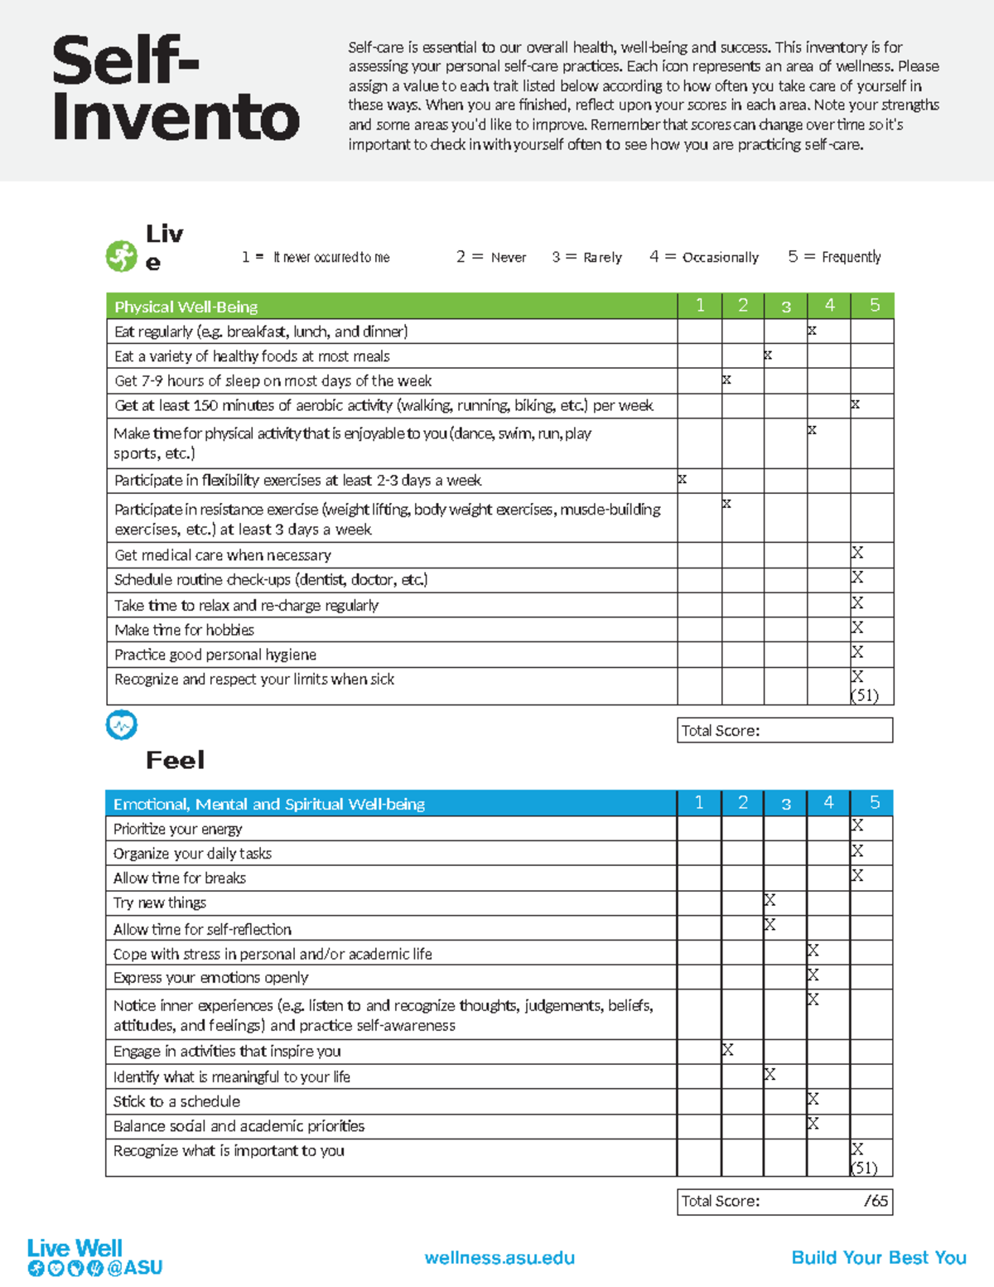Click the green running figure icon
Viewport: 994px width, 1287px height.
pos(121,256)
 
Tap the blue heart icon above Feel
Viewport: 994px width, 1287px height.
pos(121,725)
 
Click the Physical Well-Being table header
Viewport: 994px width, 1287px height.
pos(186,307)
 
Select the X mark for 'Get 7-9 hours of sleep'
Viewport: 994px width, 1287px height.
pos(726,380)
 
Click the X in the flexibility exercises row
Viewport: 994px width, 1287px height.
pos(683,479)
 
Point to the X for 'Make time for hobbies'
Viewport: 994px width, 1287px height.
pos(857,627)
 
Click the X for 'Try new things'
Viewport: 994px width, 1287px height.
pos(770,900)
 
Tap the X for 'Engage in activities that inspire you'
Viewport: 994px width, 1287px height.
pos(727,1050)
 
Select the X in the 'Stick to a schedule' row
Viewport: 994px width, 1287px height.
pos(813,1099)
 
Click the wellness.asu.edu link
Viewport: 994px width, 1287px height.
pos(499,1257)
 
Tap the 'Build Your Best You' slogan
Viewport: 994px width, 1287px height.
pos(879,1257)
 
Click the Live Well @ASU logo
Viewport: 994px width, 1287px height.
pos(94,1257)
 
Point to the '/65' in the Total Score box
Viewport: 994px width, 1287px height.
pos(876,1201)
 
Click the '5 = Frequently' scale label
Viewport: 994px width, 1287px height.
pos(834,257)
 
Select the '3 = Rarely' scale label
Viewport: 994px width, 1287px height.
pos(586,257)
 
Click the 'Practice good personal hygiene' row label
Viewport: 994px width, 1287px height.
pos(215,655)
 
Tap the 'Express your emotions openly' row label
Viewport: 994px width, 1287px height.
pos(210,978)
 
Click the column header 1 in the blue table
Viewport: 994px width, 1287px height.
pos(699,802)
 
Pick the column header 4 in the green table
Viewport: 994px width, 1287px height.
pos(829,306)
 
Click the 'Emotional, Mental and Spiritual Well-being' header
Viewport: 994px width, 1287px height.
pos(269,804)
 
